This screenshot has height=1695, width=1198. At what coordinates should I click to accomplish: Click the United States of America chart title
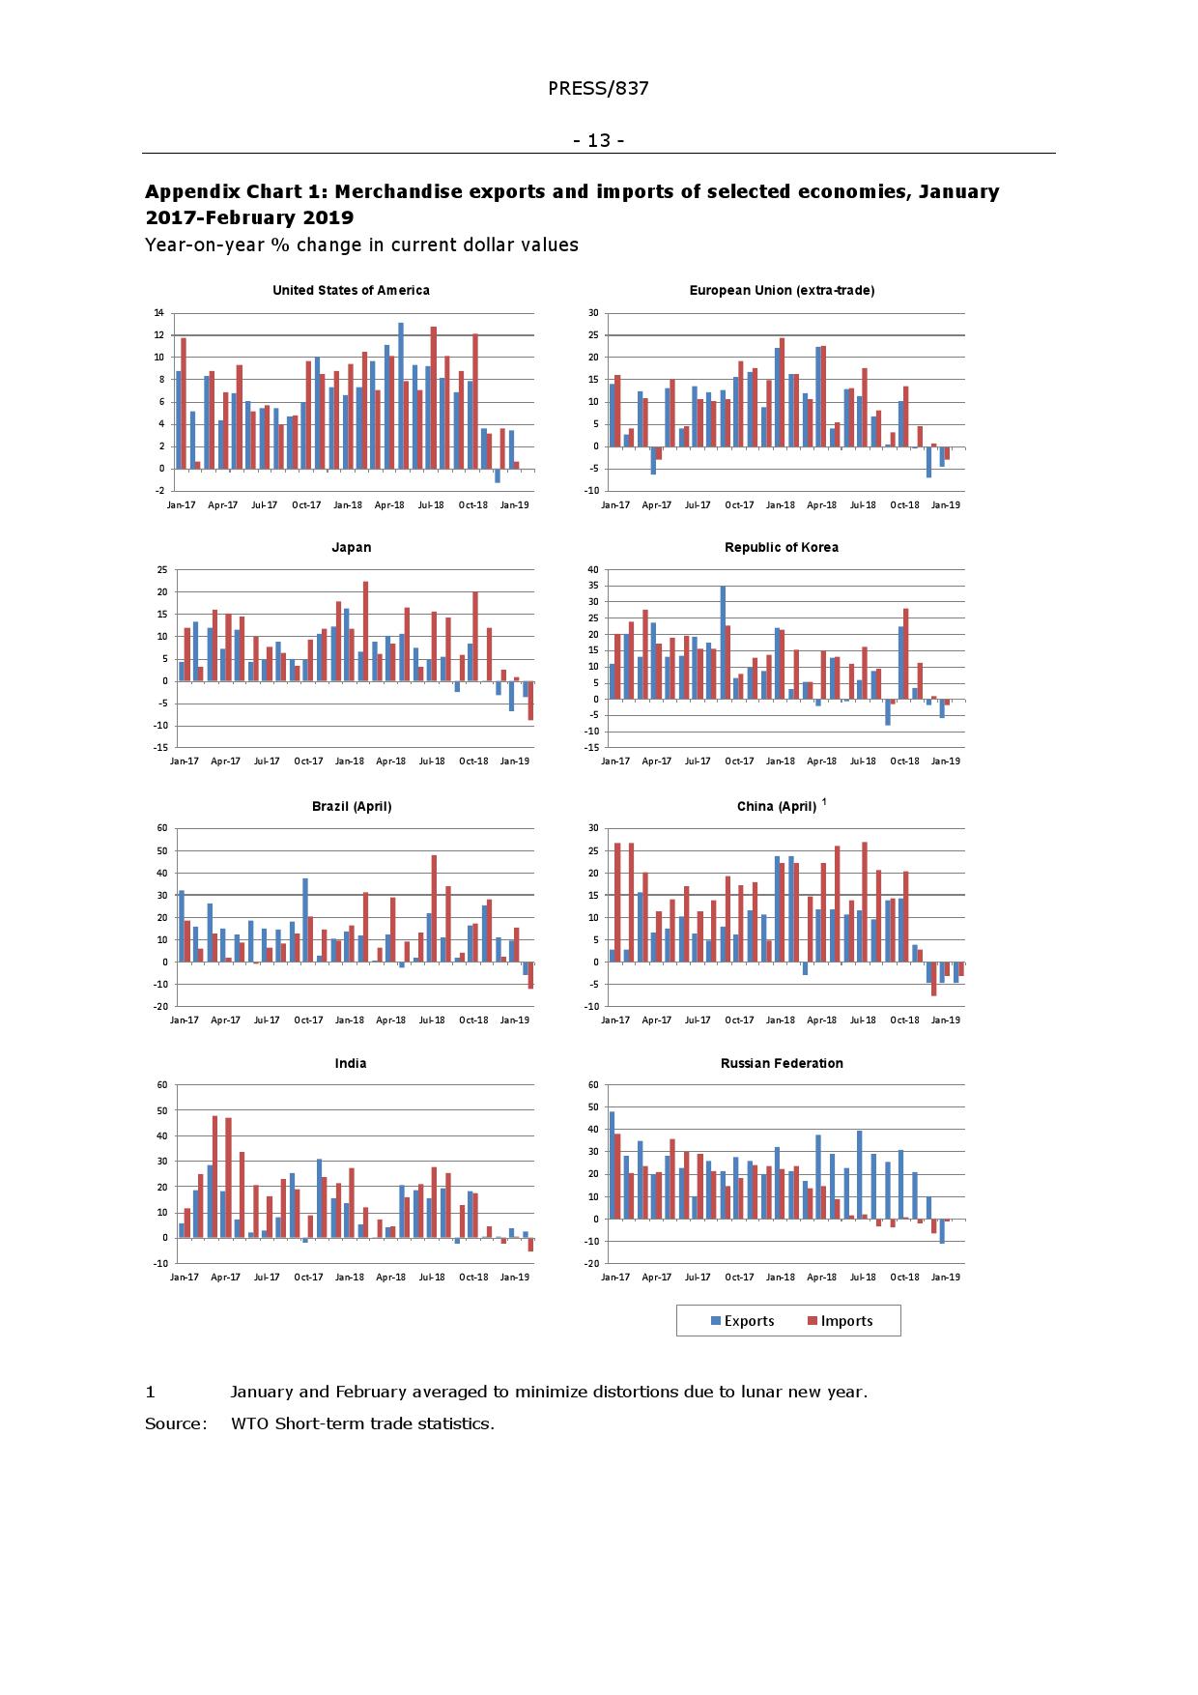pyautogui.click(x=351, y=290)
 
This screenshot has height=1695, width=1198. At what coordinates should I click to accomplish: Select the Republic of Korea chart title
pyautogui.click(x=781, y=548)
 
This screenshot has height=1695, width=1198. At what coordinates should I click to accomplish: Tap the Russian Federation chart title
pyautogui.click(x=781, y=1063)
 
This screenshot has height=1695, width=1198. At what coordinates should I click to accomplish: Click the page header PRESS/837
pyautogui.click(x=598, y=89)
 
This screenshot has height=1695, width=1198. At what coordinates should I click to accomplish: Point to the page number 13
pyautogui.click(x=599, y=141)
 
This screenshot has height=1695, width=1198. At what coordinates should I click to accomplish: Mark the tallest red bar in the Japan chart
pyautogui.click(x=365, y=631)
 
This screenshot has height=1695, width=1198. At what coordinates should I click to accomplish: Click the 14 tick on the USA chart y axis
pyautogui.click(x=157, y=313)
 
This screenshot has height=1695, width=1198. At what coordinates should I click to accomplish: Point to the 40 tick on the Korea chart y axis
pyautogui.click(x=592, y=570)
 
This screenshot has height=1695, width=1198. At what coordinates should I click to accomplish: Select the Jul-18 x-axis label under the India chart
pyautogui.click(x=432, y=1278)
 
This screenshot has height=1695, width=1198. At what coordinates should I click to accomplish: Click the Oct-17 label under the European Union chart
pyautogui.click(x=739, y=504)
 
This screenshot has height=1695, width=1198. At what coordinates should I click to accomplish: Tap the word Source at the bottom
pyautogui.click(x=175, y=1423)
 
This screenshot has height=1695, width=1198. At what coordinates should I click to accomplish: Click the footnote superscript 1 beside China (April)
pyautogui.click(x=824, y=801)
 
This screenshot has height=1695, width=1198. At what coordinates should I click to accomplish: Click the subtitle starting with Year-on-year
pyautogui.click(x=361, y=245)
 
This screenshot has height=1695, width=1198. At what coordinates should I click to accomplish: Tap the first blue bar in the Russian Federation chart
pyautogui.click(x=612, y=1165)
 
